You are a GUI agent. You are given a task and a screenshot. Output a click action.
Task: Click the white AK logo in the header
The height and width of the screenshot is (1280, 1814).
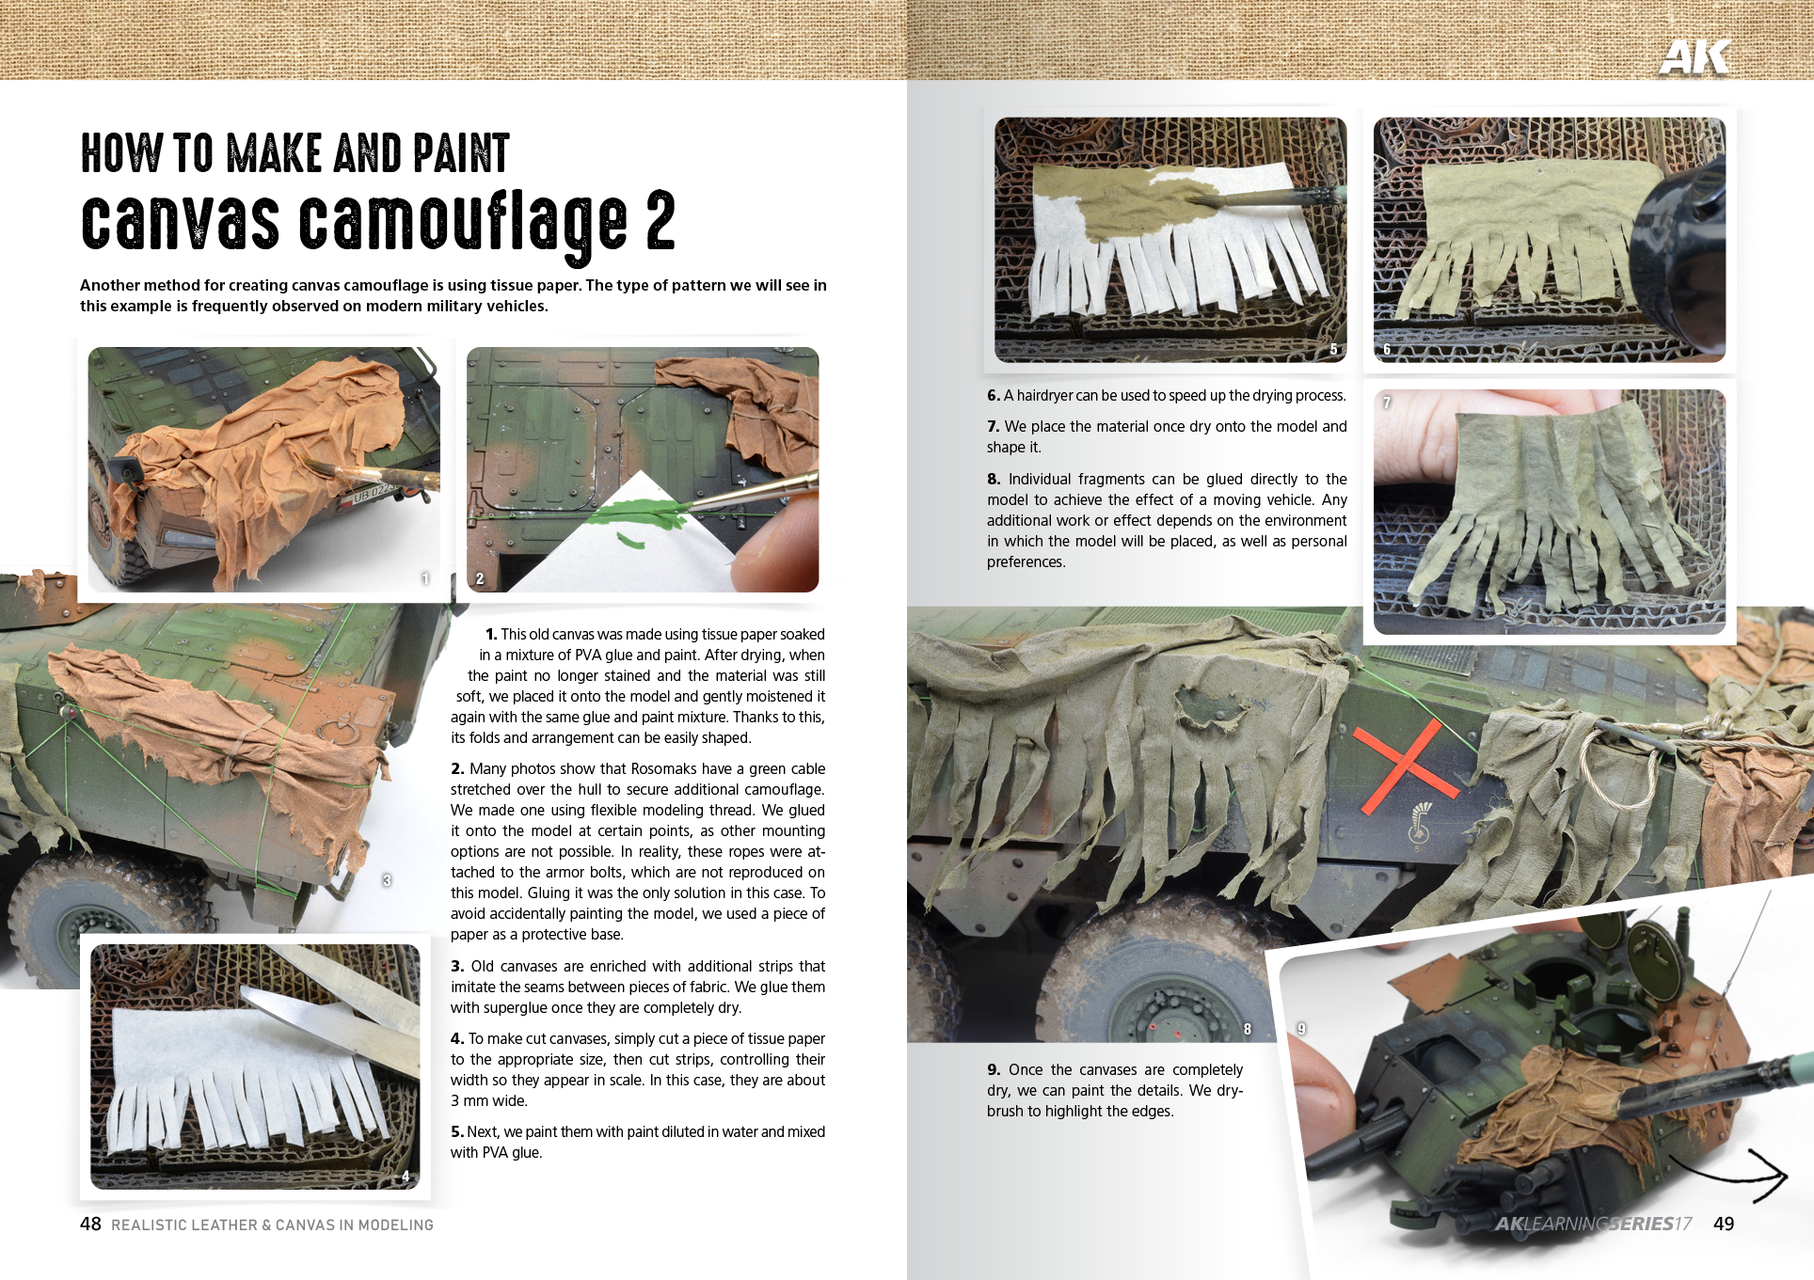pyautogui.click(x=1694, y=56)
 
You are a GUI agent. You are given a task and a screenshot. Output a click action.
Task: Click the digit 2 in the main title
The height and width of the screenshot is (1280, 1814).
pyautogui.click(x=660, y=221)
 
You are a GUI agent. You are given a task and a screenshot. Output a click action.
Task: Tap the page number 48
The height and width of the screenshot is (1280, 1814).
pyautogui.click(x=90, y=1224)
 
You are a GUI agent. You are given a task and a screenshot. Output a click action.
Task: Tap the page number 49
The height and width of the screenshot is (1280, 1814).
pyautogui.click(x=1724, y=1224)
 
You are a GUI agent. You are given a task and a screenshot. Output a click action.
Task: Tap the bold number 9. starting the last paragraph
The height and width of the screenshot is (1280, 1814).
pyautogui.click(x=994, y=1070)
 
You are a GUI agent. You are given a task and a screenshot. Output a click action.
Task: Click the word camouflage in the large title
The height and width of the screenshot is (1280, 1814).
pyautogui.click(x=463, y=223)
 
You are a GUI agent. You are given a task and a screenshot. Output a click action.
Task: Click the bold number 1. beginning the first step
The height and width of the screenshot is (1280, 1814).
pyautogui.click(x=491, y=635)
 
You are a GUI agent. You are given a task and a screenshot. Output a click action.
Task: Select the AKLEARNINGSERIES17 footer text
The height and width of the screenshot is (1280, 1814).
pyautogui.click(x=1593, y=1224)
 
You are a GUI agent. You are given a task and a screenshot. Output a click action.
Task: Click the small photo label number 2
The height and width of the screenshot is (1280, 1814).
pyautogui.click(x=480, y=578)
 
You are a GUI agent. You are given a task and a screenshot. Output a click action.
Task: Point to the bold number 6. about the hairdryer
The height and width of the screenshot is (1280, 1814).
pyautogui.click(x=994, y=396)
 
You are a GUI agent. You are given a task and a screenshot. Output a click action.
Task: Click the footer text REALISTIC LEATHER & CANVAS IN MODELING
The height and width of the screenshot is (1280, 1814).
pyautogui.click(x=272, y=1225)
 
